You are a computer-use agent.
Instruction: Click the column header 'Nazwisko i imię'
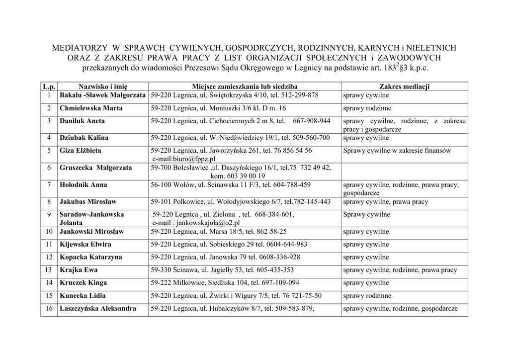(103, 87)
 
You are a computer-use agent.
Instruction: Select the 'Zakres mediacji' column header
(404, 87)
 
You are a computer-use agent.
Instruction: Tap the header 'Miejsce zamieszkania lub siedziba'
(245, 87)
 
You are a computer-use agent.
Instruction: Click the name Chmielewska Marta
(87, 108)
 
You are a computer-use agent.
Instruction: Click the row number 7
(49, 185)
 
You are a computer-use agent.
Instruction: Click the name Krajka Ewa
(79, 270)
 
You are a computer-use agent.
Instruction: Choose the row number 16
(49, 308)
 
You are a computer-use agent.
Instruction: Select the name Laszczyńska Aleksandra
(98, 308)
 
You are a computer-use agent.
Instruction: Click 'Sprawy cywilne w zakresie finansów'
(397, 150)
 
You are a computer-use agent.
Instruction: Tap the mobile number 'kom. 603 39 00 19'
(238, 176)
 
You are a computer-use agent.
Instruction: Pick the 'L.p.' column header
(49, 87)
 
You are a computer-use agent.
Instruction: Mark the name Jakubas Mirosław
(88, 202)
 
